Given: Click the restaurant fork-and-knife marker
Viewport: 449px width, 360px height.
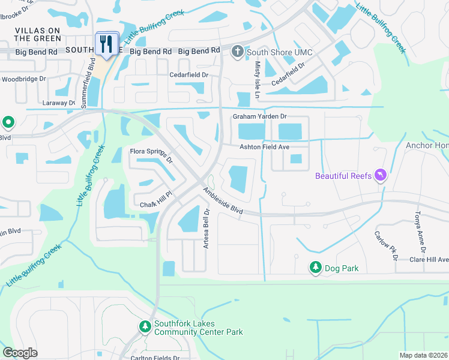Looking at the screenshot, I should pyautogui.click(x=107, y=44).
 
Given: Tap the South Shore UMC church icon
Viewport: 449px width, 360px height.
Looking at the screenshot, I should pyautogui.click(x=238, y=52).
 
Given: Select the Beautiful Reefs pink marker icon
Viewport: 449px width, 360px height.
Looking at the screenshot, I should pyautogui.click(x=380, y=175).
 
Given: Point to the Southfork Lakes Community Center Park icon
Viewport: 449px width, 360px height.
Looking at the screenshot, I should pyautogui.click(x=145, y=327).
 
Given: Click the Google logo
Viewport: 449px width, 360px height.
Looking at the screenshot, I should pyautogui.click(x=20, y=353).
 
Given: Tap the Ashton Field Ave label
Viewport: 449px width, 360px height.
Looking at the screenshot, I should pyautogui.click(x=265, y=146).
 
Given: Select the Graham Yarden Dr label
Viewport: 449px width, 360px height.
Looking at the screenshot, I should pyautogui.click(x=260, y=116).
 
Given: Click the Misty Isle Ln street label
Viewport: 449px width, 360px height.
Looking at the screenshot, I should pyautogui.click(x=257, y=80).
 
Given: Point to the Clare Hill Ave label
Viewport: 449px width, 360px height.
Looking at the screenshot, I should pyautogui.click(x=429, y=260).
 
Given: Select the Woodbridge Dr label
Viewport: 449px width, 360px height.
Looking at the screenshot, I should pyautogui.click(x=24, y=79).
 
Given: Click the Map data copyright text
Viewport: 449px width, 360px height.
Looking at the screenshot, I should pyautogui.click(x=423, y=355).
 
